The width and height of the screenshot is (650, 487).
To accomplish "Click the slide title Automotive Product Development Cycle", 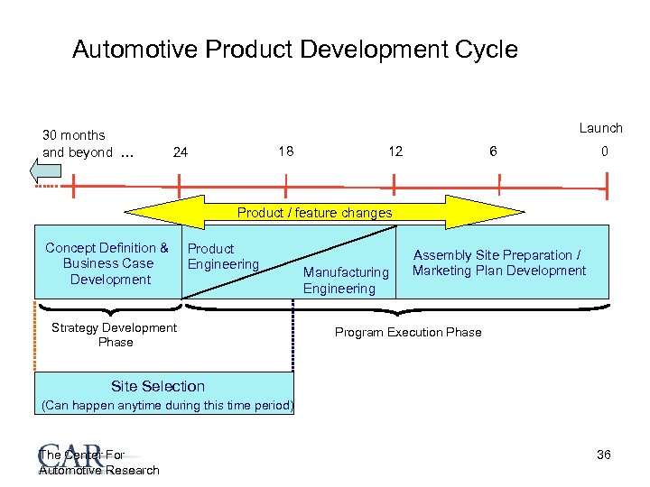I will click(294, 49).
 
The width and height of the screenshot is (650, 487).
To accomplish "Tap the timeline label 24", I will click(181, 152).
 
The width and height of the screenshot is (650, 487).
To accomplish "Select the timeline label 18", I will click(284, 151).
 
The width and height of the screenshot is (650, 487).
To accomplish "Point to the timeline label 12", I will click(395, 152).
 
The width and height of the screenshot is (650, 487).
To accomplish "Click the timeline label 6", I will click(492, 152).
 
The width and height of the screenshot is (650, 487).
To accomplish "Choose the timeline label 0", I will click(605, 152).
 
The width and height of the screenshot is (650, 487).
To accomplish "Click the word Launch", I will click(600, 128).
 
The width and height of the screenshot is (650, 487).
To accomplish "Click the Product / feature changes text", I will click(314, 213).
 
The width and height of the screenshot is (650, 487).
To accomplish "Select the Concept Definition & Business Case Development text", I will click(107, 263).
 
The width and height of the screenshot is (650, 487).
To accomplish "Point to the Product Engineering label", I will click(222, 256).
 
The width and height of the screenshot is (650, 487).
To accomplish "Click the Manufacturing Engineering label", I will click(346, 280).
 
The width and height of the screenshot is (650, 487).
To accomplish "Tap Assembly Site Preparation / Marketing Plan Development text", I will click(498, 262).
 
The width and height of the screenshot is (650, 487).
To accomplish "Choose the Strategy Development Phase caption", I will click(115, 335).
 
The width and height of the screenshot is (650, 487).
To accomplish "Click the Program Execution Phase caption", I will click(408, 332).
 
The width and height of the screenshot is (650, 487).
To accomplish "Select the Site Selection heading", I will click(158, 386).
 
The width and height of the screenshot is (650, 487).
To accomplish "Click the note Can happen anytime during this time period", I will click(168, 406).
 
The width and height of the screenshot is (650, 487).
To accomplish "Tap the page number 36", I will click(604, 455).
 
